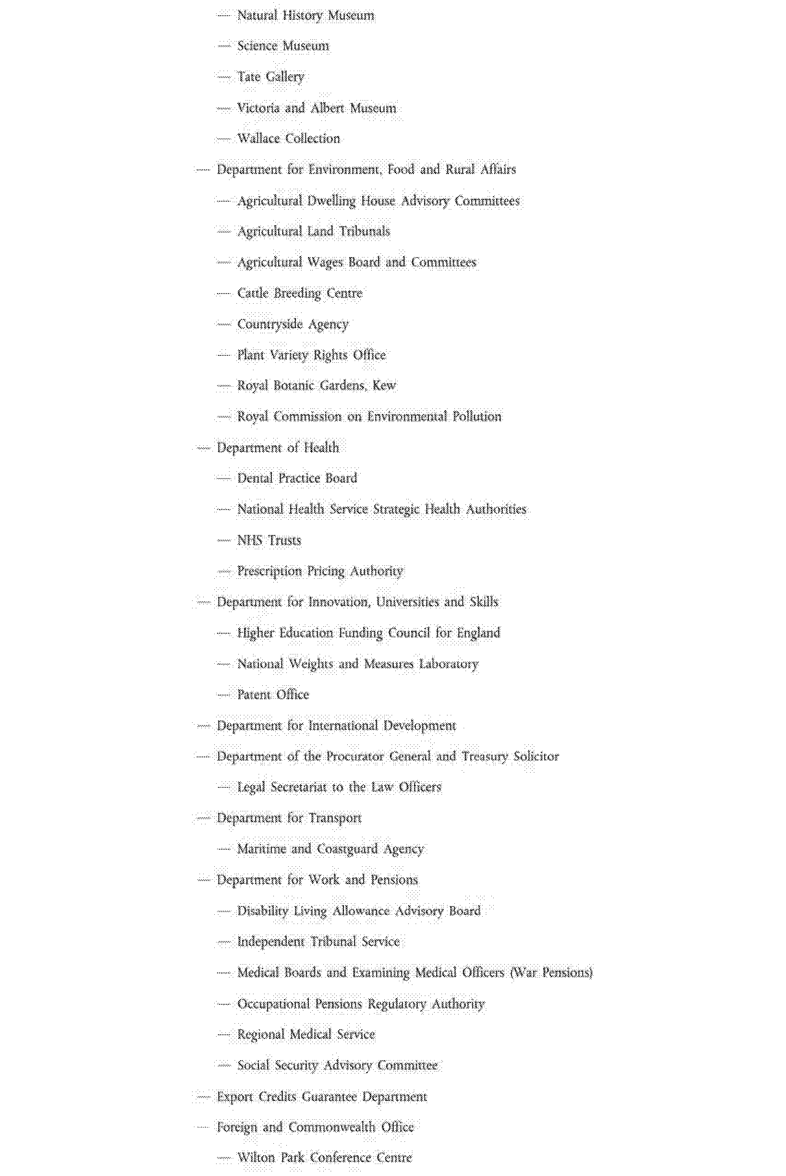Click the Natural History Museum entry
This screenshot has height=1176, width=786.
305,16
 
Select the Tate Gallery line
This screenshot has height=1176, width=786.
270,77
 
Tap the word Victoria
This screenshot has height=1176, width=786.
258,108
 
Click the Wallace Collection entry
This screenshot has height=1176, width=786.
288,139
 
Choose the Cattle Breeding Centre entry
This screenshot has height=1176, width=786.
299,294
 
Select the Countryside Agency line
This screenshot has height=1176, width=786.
292,324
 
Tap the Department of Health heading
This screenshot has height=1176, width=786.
277,448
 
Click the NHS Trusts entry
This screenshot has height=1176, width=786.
269,540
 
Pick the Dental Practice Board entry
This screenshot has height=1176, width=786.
297,478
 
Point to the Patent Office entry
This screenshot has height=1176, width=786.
272,695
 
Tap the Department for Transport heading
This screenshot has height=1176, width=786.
289,818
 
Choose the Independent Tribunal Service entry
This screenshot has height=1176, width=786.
318,942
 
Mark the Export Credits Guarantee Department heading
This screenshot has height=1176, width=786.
321,1097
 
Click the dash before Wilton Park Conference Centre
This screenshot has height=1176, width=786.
224,1158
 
